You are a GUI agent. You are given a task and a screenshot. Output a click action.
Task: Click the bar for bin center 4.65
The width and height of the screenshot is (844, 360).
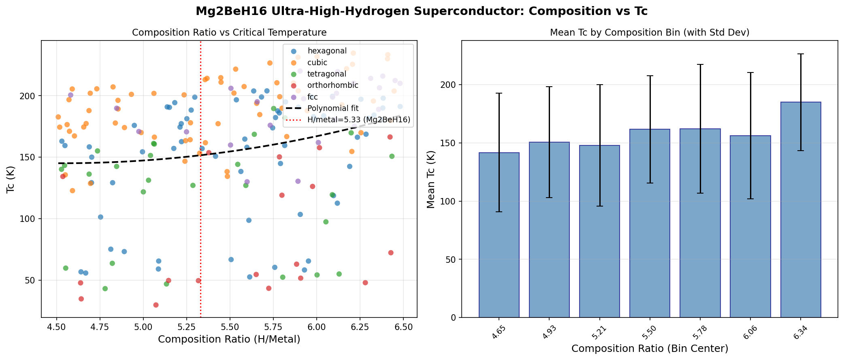click(x=499, y=235)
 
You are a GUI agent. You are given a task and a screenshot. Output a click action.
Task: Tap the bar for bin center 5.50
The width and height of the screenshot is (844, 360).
click(x=650, y=223)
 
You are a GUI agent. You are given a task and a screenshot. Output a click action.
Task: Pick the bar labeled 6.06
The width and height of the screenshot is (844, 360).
click(x=750, y=226)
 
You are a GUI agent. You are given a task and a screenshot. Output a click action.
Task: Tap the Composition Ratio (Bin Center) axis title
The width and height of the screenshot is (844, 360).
click(x=650, y=349)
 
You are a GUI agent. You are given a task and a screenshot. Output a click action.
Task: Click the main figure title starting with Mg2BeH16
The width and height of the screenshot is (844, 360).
click(x=422, y=11)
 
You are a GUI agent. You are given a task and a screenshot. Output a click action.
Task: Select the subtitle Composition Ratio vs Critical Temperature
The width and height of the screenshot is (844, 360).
click(x=229, y=32)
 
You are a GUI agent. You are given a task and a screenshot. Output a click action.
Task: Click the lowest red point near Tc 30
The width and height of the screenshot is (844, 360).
click(x=156, y=305)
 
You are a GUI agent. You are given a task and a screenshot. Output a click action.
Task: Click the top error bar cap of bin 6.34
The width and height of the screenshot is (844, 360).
click(x=800, y=54)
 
